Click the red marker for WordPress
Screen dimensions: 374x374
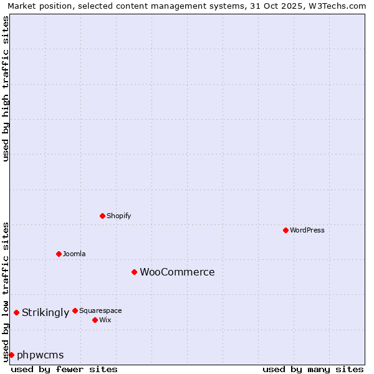pos(285,230)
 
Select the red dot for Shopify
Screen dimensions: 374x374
pos(102,216)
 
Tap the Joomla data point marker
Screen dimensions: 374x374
pos(59,254)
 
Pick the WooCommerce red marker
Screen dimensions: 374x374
pos(134,272)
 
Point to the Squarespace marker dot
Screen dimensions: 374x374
pos(75,310)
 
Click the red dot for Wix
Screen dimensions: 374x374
pos(95,320)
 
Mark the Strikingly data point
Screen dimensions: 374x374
pos(16,312)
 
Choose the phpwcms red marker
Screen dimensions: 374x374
pos(11,355)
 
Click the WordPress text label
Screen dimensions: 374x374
pos(307,230)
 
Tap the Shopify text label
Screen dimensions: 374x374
pos(119,216)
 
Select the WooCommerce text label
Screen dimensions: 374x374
pos(177,272)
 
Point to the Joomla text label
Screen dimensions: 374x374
pos(74,254)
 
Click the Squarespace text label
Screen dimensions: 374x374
pos(100,310)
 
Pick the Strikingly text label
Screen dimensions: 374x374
pos(46,312)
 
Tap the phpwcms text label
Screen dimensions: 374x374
pos(41,355)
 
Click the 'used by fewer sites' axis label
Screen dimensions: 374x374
pos(64,369)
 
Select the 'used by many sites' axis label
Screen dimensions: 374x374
pos(313,369)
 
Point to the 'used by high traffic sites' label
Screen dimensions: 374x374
pos(6,89)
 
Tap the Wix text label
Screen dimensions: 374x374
pos(105,320)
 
